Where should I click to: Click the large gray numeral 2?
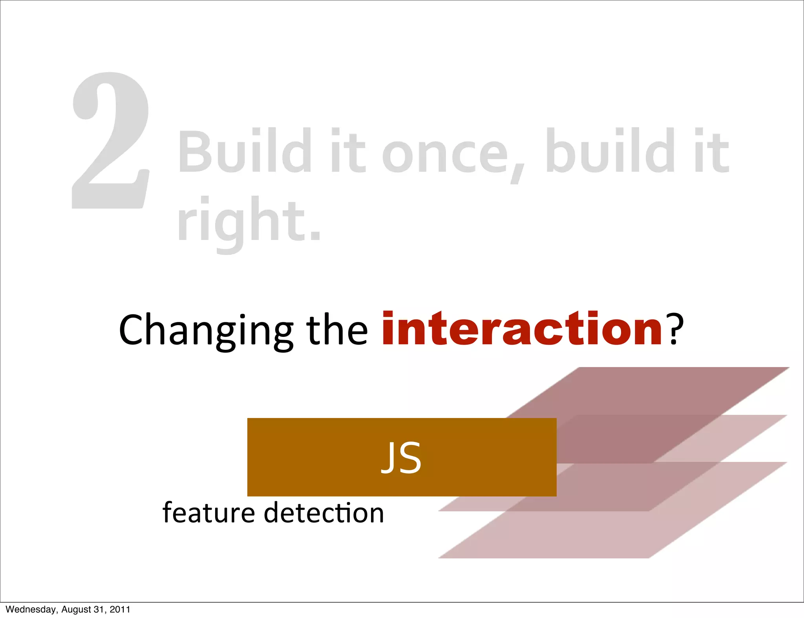[111, 141]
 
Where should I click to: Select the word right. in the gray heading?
[249, 222]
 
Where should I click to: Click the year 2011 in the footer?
[120, 609]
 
